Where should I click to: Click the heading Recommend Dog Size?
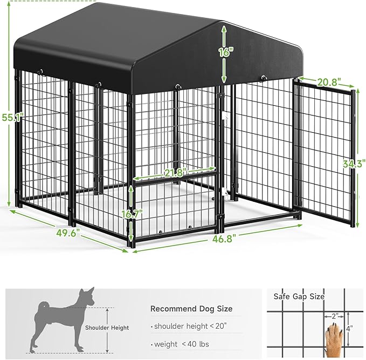(x=191, y=309)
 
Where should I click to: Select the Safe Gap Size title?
(x=299, y=296)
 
